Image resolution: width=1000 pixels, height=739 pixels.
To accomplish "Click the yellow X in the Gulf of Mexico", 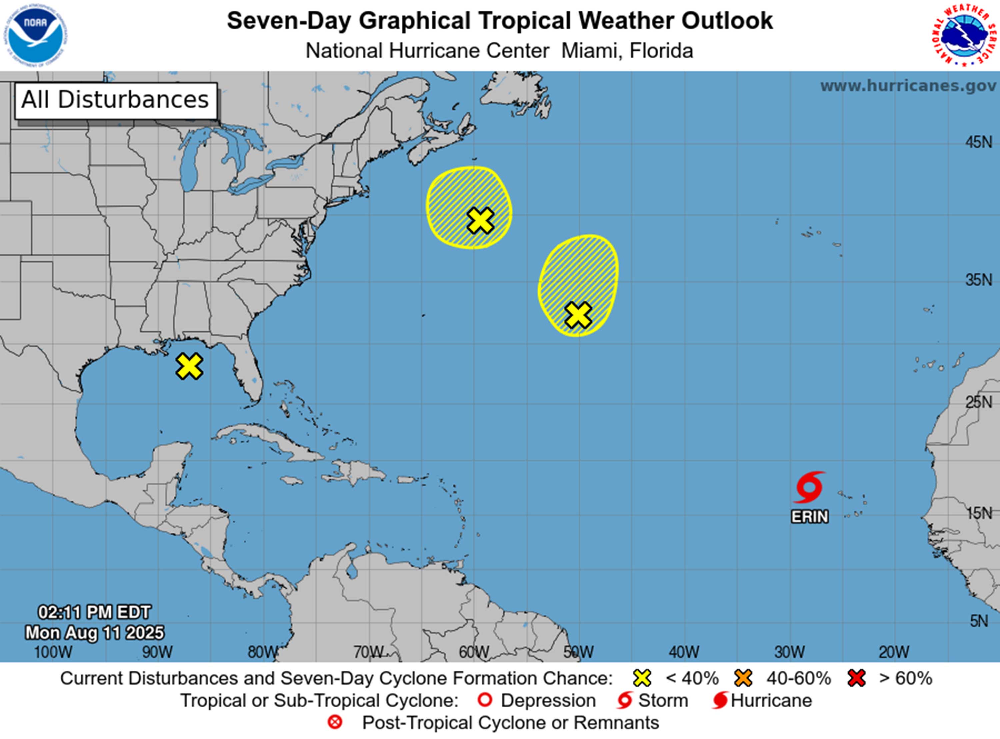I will (189, 366).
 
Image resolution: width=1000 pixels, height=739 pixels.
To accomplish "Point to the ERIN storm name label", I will (809, 517).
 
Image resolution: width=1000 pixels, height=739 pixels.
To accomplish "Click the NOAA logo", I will (35, 35).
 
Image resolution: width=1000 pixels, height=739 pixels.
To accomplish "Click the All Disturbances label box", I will (116, 100).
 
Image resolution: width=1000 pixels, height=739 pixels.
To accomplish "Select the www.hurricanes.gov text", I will (908, 85).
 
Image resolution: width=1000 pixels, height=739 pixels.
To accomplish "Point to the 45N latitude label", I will (979, 143).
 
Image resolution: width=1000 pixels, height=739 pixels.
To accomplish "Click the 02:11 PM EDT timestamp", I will (94, 612).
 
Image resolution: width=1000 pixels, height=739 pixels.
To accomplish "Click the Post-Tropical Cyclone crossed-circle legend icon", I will (335, 722).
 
